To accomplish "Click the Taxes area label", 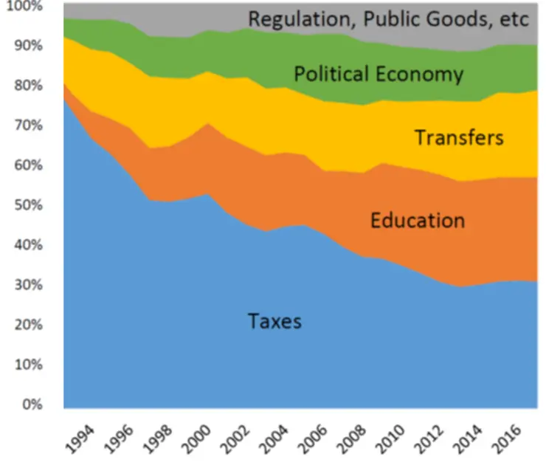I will pos(274,321).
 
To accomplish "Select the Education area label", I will pos(418,220).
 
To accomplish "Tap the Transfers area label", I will pos(458,137).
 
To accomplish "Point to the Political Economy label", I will pos(378,74).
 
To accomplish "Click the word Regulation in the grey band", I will pos(299,18).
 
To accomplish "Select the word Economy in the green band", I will pos(424,74).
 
